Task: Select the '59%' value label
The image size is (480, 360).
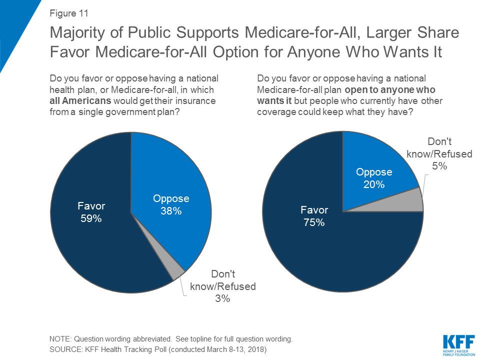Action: [x=90, y=218]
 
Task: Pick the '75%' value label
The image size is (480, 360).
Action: [x=314, y=222]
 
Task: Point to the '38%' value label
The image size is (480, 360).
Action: [x=171, y=211]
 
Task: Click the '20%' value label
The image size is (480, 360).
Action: [x=374, y=184]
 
